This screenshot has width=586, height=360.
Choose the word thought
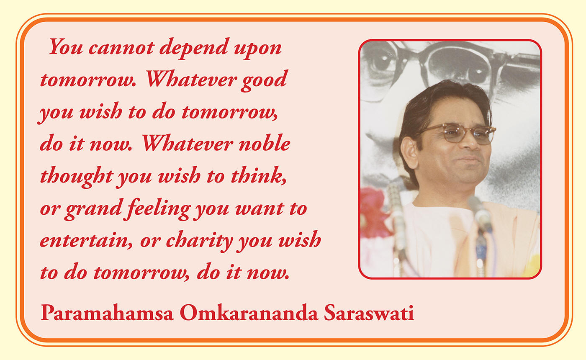(x=76, y=177)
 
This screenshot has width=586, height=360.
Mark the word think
(x=259, y=175)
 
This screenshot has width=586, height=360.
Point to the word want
(x=260, y=209)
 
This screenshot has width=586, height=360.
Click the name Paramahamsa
(x=107, y=312)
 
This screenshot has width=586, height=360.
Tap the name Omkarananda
(x=249, y=312)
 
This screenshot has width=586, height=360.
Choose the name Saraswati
(x=369, y=312)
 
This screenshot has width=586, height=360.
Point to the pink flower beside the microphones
(x=374, y=212)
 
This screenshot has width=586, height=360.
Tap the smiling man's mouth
(x=469, y=160)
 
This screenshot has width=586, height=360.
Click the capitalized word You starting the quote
(x=66, y=46)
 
